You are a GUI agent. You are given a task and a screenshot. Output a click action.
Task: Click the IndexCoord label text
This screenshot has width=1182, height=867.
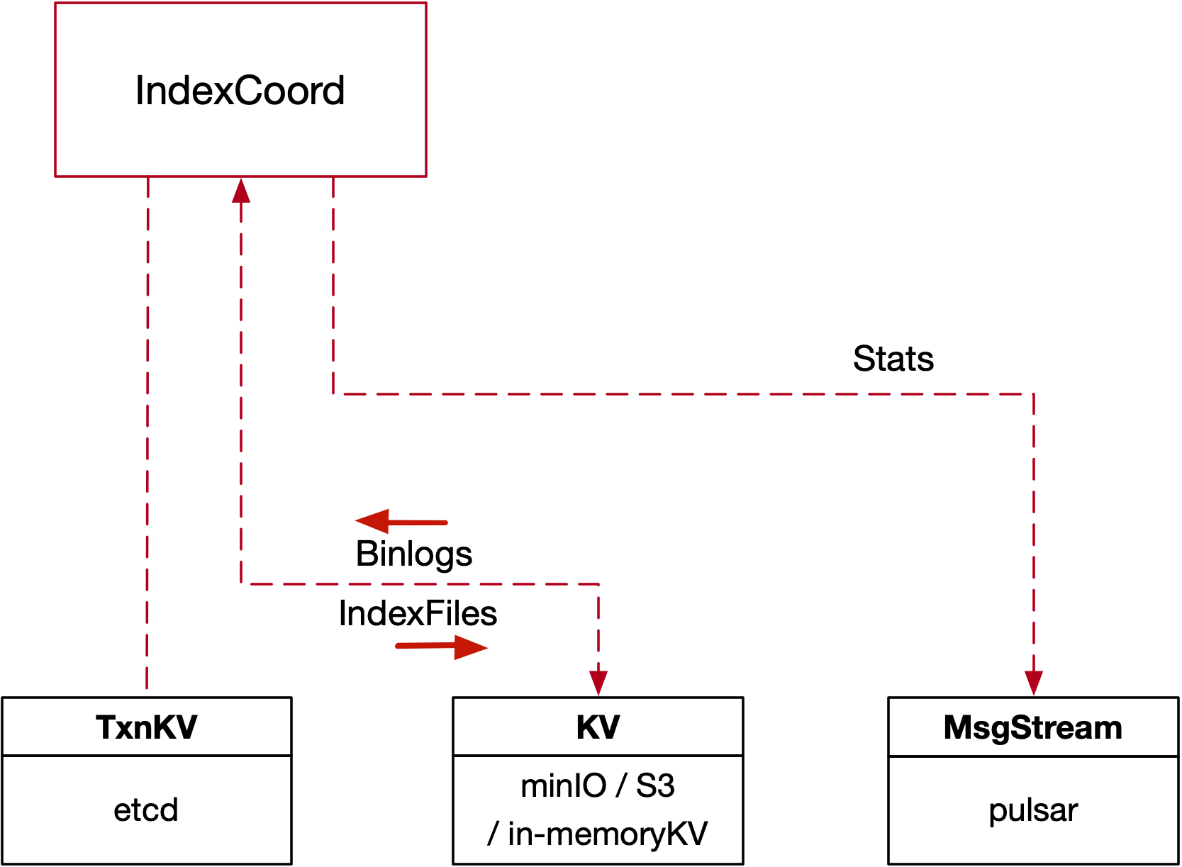point(240,91)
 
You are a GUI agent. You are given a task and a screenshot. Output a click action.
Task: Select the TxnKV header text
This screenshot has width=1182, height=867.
point(146,727)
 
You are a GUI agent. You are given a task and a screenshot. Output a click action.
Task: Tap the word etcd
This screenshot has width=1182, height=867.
point(146,810)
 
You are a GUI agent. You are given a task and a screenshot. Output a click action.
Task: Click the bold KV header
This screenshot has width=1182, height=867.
point(598,727)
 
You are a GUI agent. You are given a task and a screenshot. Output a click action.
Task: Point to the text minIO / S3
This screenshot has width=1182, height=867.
point(598,785)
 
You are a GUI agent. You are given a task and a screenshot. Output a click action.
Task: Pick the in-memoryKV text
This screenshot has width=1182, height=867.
point(607,834)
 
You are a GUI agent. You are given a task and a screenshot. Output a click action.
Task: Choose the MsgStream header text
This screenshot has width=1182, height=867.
point(1033,727)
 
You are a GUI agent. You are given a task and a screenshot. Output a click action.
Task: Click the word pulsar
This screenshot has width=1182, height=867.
point(1033,810)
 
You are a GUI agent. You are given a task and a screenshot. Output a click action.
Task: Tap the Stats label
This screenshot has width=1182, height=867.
point(893,359)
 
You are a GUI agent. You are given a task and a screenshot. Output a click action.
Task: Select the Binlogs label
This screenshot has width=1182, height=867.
point(414,554)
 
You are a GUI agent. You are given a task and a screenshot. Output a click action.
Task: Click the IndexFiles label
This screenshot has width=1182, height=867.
point(418,613)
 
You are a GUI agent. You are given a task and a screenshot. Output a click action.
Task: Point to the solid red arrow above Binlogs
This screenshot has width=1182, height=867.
point(401,522)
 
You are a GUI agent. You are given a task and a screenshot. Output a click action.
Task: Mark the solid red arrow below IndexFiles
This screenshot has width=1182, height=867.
point(441,646)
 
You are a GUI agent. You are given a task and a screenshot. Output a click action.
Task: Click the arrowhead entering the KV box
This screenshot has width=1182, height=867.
point(598,683)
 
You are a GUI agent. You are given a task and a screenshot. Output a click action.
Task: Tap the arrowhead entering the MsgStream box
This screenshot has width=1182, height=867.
point(1034,683)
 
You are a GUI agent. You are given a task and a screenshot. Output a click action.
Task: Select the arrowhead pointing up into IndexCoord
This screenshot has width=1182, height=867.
point(241,190)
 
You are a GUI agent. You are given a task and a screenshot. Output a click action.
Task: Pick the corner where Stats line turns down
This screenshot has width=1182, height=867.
point(1034,394)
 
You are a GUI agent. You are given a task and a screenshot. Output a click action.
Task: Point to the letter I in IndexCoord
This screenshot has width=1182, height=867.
point(140,91)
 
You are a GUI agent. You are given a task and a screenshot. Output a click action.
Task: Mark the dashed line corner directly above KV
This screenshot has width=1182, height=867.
point(598,584)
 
